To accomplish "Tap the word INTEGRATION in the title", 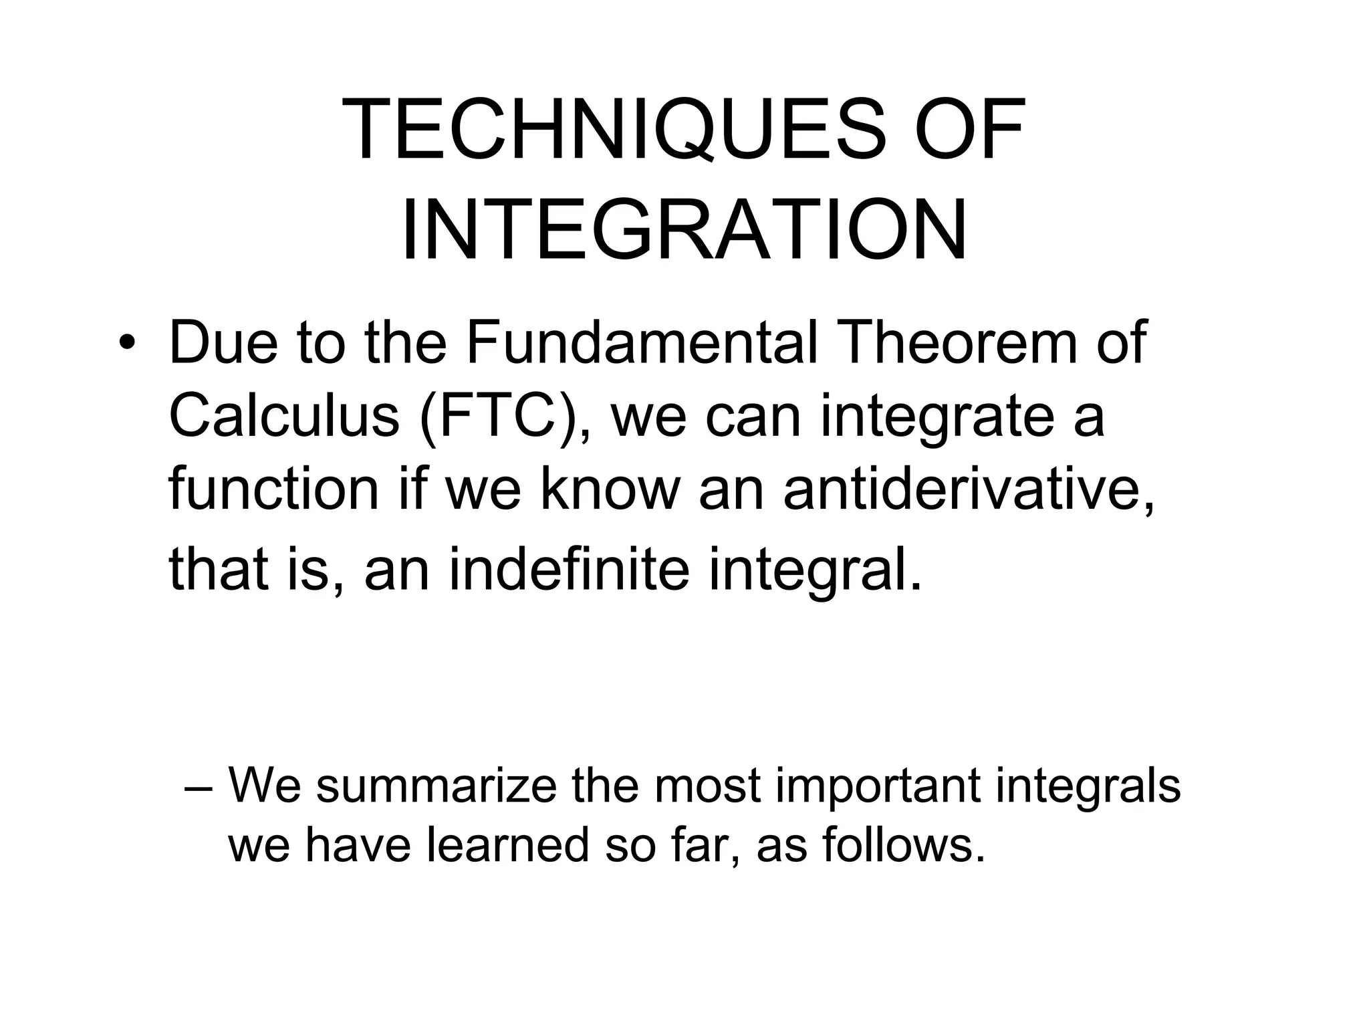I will (684, 231).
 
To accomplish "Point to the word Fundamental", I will (641, 343).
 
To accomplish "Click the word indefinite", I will (568, 570).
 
